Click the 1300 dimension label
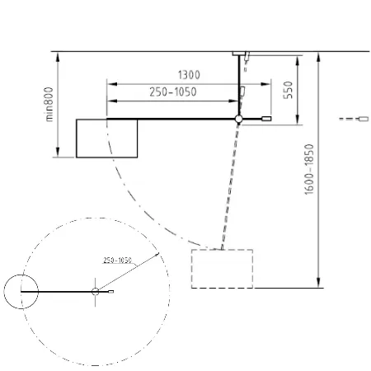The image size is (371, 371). click(x=189, y=75)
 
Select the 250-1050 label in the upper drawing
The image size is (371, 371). click(x=173, y=92)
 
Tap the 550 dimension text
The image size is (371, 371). click(x=289, y=90)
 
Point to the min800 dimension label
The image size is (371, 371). click(x=49, y=104)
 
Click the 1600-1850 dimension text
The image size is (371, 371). click(x=309, y=169)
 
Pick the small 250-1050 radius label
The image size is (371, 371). click(x=117, y=260)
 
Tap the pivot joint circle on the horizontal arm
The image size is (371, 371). click(x=238, y=119)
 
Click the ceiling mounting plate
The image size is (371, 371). click(x=239, y=54)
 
